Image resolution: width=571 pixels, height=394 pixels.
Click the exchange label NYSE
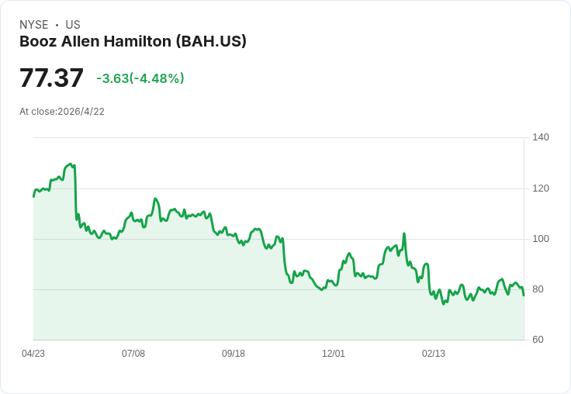34,25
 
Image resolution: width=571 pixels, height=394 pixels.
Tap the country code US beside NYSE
73,25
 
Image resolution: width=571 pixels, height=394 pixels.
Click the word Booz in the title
38,41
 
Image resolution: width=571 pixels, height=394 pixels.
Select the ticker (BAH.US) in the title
211,42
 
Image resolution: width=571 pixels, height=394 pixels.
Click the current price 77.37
51,78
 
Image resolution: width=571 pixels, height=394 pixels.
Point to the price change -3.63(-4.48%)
140,78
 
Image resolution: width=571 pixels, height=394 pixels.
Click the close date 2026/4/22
81,112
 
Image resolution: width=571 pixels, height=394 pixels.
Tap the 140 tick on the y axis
541,137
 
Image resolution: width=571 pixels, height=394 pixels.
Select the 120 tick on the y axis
541,188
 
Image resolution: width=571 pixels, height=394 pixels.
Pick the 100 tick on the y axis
541,239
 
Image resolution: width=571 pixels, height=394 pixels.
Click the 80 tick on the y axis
538,289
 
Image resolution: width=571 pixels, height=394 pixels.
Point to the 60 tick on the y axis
538,340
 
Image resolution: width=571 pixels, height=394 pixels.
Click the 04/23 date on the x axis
33,354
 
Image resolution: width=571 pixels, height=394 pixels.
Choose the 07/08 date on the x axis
133,354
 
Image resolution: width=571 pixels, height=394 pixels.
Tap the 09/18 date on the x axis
234,354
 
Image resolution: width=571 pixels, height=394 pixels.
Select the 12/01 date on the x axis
334,354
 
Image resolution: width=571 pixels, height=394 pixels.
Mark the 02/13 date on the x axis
434,354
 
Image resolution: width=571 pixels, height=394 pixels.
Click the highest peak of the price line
71,164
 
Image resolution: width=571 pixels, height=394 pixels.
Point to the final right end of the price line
524,295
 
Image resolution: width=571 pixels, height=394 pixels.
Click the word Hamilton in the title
137,41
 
